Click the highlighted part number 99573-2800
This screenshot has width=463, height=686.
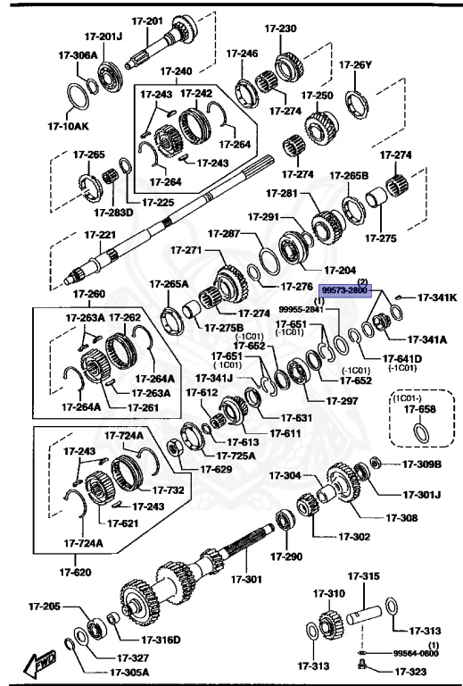tap(344, 290)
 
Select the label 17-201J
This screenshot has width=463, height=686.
tap(104, 38)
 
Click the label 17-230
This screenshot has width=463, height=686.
tap(282, 29)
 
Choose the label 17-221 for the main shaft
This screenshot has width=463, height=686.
tap(100, 235)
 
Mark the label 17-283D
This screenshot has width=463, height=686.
tap(113, 212)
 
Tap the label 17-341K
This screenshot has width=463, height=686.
tap(437, 297)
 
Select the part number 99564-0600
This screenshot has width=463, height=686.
tap(417, 653)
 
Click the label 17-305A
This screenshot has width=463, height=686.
tap(130, 673)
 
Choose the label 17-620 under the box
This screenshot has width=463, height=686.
tap(76, 572)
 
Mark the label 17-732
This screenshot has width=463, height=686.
tap(168, 489)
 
